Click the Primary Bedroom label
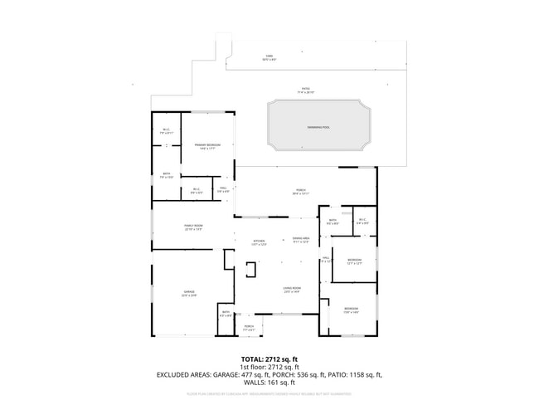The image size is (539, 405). tap(206, 145)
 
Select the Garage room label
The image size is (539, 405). tap(189, 292)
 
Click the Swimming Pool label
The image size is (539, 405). tap(317, 125)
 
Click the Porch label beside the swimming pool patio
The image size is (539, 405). tap(300, 190)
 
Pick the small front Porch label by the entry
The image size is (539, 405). tap(249, 326)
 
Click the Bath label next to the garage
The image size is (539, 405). tap(226, 312)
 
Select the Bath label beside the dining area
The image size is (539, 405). tap(332, 220)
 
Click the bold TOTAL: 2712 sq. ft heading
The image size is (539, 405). tap(269, 359)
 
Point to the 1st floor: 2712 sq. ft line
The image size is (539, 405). tap(269, 367)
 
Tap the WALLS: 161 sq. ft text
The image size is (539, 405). tap(269, 383)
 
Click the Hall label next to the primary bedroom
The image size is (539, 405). tap(222, 189)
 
